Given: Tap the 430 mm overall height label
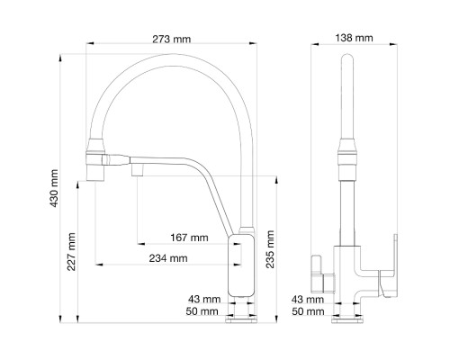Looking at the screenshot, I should click(55, 184).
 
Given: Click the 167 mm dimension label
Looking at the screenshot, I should click(189, 238).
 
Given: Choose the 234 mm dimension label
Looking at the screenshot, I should click(169, 258).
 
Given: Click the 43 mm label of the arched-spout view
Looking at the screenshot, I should click(202, 298).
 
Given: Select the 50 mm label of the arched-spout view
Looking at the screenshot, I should click(202, 311).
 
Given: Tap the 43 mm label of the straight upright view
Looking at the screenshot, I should click(309, 298).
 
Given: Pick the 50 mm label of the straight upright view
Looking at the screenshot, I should click(309, 311).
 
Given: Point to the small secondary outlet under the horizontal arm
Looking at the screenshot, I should click(137, 170).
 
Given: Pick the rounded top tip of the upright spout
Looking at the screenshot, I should click(346, 61).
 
